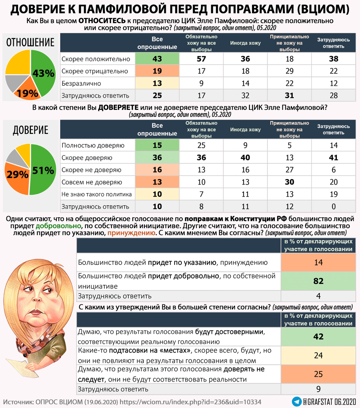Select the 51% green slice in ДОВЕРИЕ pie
point(43,170)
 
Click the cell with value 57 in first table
point(201,59)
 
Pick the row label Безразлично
point(81,83)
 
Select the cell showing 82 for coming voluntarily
point(318,281)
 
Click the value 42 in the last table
point(318,337)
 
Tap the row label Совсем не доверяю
point(92,182)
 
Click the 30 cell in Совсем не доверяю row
point(289,182)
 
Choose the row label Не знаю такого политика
point(96,194)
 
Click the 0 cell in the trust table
point(334,206)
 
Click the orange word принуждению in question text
point(131,233)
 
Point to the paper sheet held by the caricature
point(17,369)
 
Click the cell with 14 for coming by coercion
point(318,262)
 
